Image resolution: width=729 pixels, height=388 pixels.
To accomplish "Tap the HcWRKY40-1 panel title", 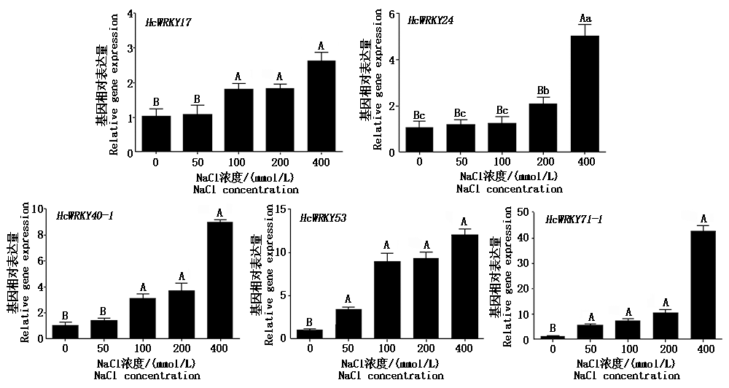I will [85, 216].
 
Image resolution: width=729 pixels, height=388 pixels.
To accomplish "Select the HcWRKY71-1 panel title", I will [574, 219].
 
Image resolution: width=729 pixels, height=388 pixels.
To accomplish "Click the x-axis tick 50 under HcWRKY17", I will [197, 161].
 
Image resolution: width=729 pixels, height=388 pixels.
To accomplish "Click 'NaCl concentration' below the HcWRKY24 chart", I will [510, 189].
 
